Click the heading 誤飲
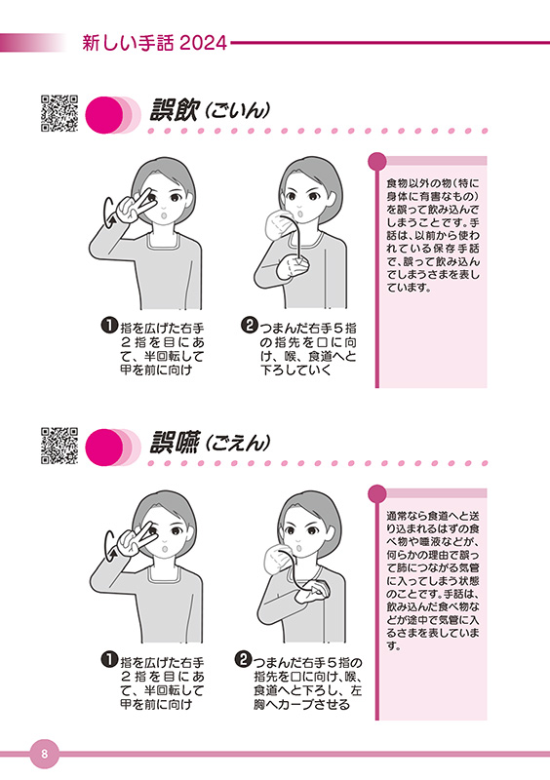174,110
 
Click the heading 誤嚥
174,443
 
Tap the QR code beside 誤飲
59,113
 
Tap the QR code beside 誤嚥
59,446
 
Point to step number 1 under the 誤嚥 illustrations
110,662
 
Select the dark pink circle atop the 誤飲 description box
377,159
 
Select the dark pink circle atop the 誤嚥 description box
377,493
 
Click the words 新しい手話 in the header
126,43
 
